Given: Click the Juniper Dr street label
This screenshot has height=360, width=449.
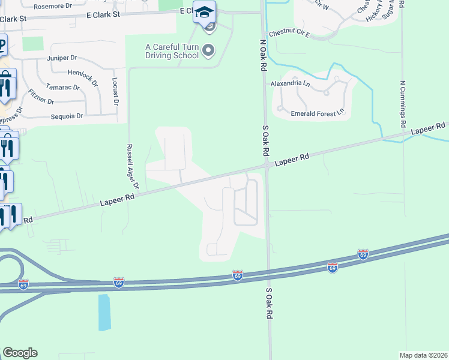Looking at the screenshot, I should point(62,58).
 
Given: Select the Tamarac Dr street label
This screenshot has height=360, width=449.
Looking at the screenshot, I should point(64,88).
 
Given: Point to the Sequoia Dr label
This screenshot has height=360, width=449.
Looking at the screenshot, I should point(67,116).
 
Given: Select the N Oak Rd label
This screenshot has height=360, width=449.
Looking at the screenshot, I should point(263,56).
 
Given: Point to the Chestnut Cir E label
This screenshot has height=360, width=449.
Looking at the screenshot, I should point(289,34).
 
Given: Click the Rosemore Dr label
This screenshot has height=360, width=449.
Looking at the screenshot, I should point(52,7).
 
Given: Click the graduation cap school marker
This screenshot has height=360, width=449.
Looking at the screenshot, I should point(204,11).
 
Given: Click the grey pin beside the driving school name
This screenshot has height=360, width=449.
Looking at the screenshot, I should point(208,50).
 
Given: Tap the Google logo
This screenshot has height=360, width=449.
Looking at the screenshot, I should point(20,353).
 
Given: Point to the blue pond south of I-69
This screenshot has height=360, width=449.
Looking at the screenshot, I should point(104,312).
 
